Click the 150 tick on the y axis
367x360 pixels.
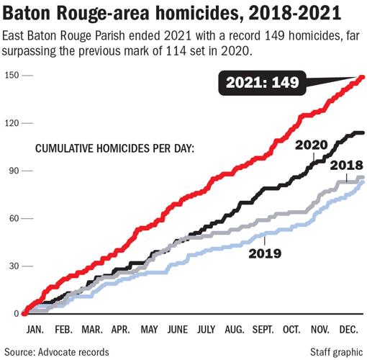pyautogui.click(x=10, y=75)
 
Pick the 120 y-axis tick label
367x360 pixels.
pyautogui.click(x=10, y=122)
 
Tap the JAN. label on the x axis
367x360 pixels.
pyautogui.click(x=35, y=330)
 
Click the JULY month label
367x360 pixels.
pyautogui.click(x=205, y=330)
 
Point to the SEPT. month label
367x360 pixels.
pyautogui.click(x=263, y=330)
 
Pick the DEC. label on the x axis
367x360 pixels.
pyautogui.click(x=350, y=330)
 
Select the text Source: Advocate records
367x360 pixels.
pyautogui.click(x=57, y=351)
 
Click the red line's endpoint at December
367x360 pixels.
pyautogui.click(x=362, y=77)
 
